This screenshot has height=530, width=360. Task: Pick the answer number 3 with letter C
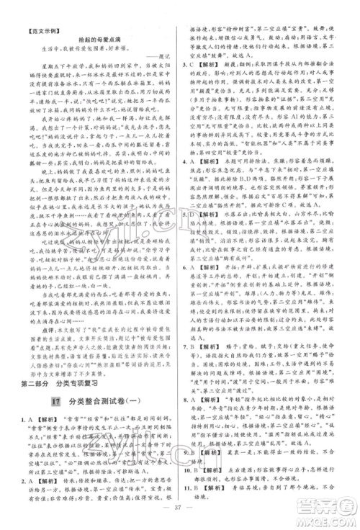click(x=189, y=62)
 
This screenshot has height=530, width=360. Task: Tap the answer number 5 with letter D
click(x=189, y=229)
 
